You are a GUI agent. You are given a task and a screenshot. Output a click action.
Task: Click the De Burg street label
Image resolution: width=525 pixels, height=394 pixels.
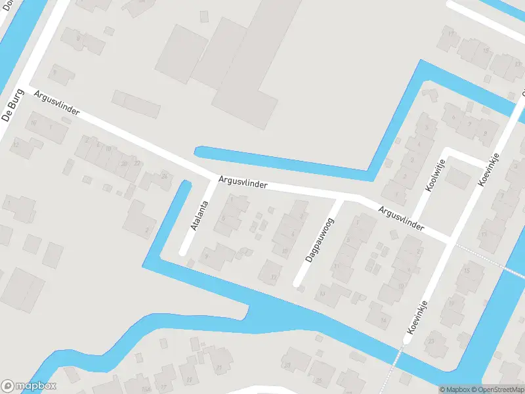pos(9,106)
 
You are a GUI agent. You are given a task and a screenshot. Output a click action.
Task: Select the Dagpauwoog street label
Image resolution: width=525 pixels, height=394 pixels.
pos(319,240)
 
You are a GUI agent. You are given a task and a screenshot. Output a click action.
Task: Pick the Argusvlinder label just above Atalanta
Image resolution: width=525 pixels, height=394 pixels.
pos(243,181)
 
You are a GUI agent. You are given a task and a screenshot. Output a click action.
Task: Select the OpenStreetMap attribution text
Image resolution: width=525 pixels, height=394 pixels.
pos(499,389)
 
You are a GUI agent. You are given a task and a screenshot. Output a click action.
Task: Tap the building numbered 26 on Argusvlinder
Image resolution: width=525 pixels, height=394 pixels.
pos(164,176)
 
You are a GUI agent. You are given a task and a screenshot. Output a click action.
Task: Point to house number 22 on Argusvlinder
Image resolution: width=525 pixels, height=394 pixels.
pos(136,163)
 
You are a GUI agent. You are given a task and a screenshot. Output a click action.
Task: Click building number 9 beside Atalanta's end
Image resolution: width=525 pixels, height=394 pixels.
pos(206,256)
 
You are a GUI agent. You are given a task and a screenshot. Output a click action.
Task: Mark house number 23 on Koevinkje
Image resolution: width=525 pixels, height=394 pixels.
pos(431,341)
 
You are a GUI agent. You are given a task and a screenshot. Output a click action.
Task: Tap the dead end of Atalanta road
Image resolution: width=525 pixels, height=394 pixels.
pos(183,252)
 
